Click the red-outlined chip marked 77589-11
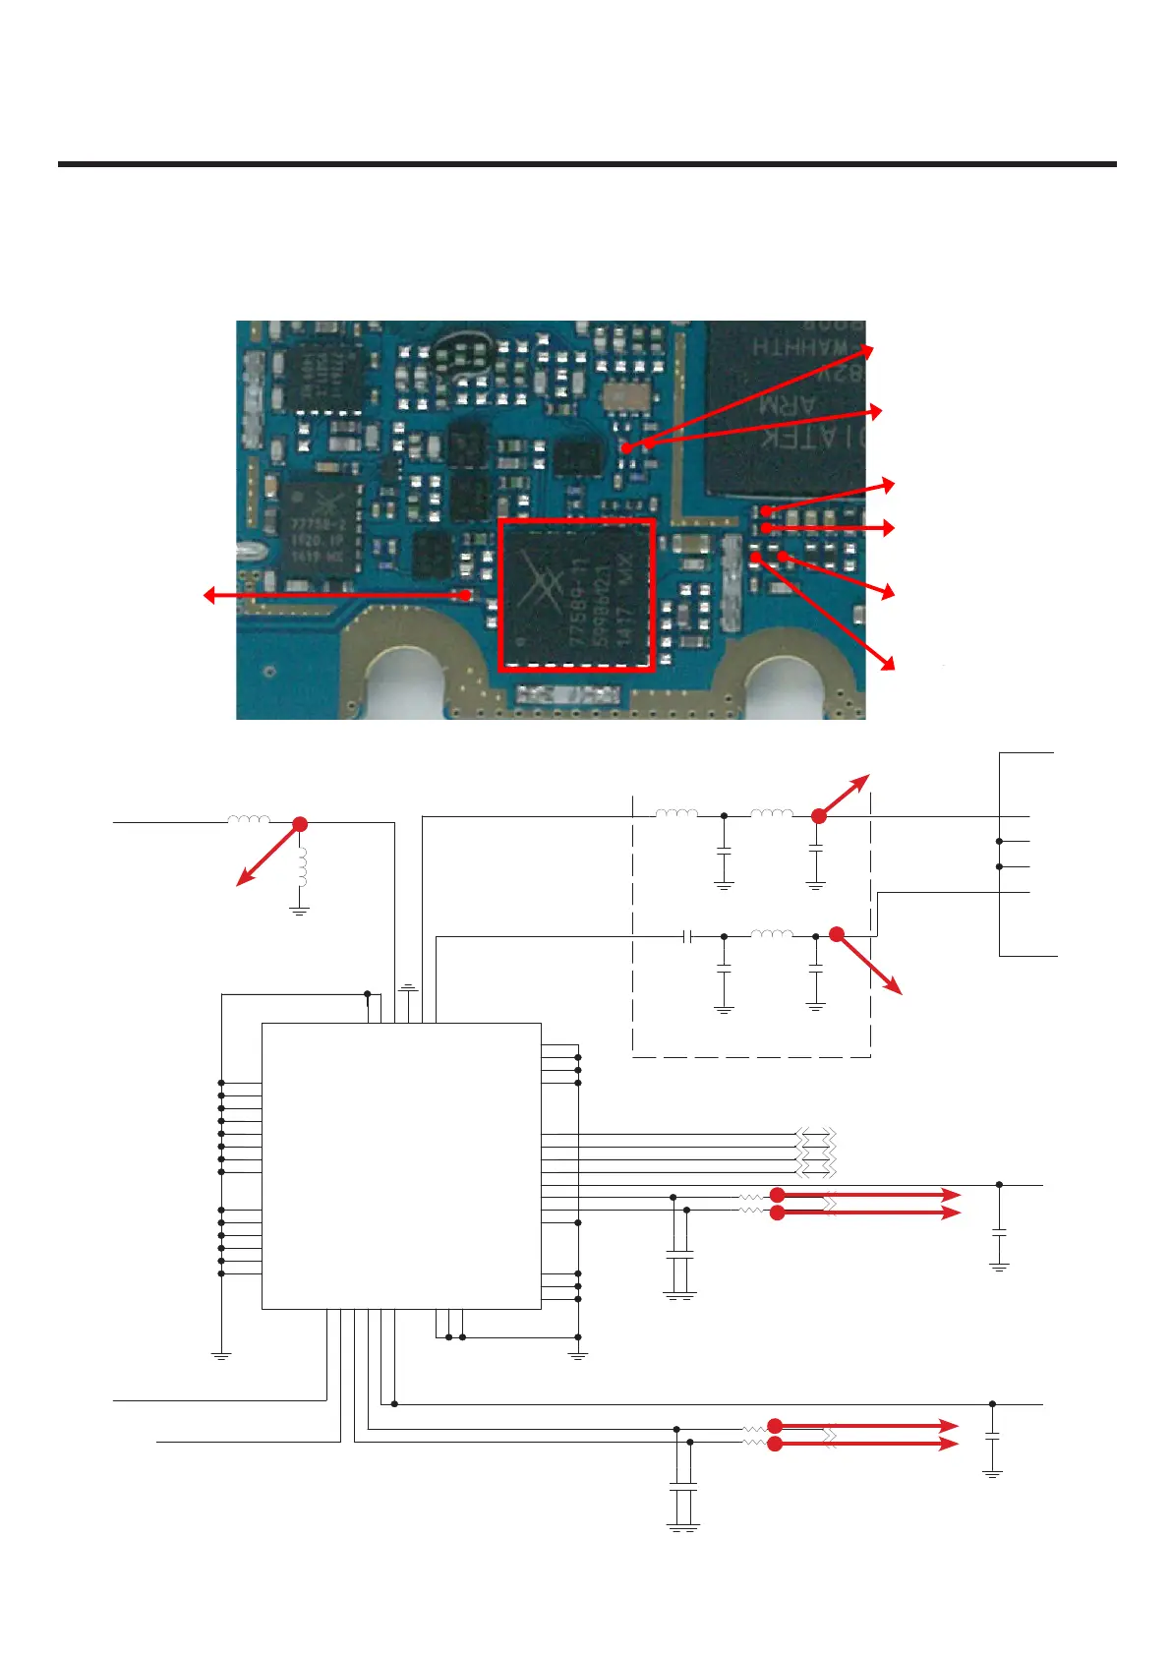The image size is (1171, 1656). pyautogui.click(x=576, y=595)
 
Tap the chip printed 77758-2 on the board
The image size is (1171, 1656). pyautogui.click(x=319, y=528)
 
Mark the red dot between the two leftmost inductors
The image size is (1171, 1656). pyautogui.click(x=300, y=824)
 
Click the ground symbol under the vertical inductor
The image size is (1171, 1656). pyautogui.click(x=300, y=912)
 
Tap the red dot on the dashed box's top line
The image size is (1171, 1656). pyautogui.click(x=818, y=815)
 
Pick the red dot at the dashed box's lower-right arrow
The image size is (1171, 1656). pyautogui.click(x=836, y=934)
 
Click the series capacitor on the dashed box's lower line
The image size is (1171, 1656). pyautogui.click(x=688, y=936)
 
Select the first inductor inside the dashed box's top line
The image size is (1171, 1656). pyautogui.click(x=676, y=814)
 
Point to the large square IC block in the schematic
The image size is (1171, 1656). pyautogui.click(x=401, y=1165)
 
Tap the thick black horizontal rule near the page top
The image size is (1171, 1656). pyautogui.click(x=587, y=164)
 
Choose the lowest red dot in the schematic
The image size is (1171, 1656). pyautogui.click(x=775, y=1444)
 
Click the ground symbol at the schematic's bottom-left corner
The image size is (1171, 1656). pyautogui.click(x=221, y=1355)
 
